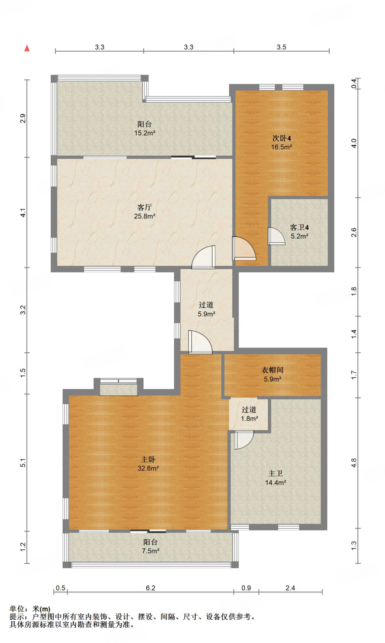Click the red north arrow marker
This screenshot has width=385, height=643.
point(27,48)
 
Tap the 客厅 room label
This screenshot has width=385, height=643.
point(145,207)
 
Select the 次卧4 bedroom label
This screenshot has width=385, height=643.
point(282,138)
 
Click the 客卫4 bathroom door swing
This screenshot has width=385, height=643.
point(276,236)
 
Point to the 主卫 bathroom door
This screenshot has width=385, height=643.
point(244,440)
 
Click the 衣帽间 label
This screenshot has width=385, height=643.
point(272,370)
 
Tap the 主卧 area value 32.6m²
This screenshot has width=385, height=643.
point(148,468)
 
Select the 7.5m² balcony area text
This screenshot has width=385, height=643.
point(150,551)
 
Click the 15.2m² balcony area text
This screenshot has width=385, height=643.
point(145,133)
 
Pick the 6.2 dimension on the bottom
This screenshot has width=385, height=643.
point(150,588)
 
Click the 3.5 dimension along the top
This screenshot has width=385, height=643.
point(282,47)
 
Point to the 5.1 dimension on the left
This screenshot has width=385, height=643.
point(23,463)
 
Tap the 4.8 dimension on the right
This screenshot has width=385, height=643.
point(354,463)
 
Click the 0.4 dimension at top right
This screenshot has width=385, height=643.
point(354,84)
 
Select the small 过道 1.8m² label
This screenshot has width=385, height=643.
point(249,414)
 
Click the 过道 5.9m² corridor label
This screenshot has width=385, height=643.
point(206,309)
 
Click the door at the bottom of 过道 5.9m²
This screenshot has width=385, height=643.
point(200,342)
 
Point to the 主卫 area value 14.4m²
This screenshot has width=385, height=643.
point(276,483)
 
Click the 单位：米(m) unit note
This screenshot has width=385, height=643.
point(30,609)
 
